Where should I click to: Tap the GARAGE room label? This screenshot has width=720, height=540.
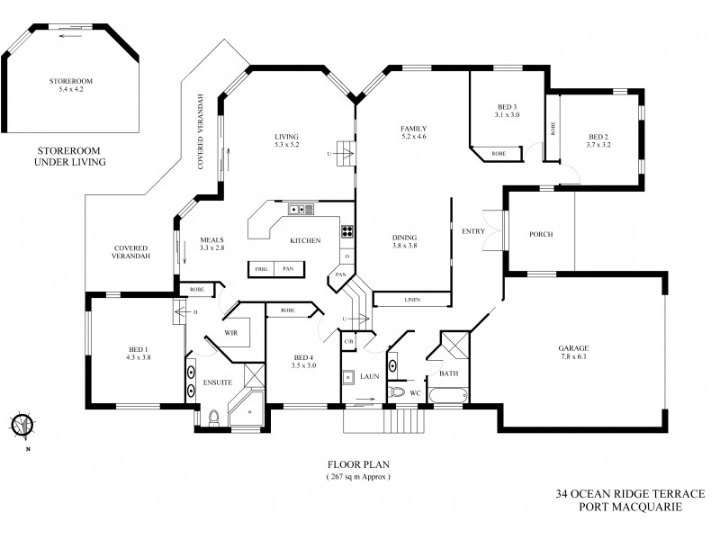point(573,352)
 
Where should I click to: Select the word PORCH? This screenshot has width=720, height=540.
point(541,234)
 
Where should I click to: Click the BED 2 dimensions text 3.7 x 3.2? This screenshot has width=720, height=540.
point(598,144)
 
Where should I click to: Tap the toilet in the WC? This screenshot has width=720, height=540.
point(396,393)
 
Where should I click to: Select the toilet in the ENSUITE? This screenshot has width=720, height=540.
point(213,418)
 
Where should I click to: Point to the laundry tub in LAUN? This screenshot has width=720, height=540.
point(347,377)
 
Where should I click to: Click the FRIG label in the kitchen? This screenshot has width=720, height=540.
point(261,268)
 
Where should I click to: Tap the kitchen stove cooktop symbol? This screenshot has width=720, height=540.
point(346,233)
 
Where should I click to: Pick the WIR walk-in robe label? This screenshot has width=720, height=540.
point(229,333)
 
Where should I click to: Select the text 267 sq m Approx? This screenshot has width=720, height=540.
point(358,477)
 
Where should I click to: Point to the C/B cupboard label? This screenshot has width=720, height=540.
point(347,341)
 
